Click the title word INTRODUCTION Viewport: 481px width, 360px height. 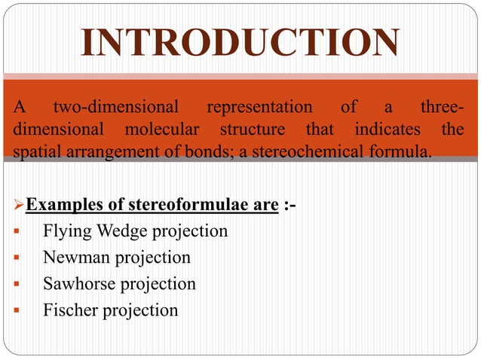click(x=240, y=43)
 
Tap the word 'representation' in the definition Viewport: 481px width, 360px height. click(x=259, y=107)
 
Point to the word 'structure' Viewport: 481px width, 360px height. click(x=249, y=130)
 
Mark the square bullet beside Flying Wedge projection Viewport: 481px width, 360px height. click(x=17, y=231)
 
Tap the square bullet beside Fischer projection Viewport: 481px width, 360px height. click(x=17, y=310)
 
